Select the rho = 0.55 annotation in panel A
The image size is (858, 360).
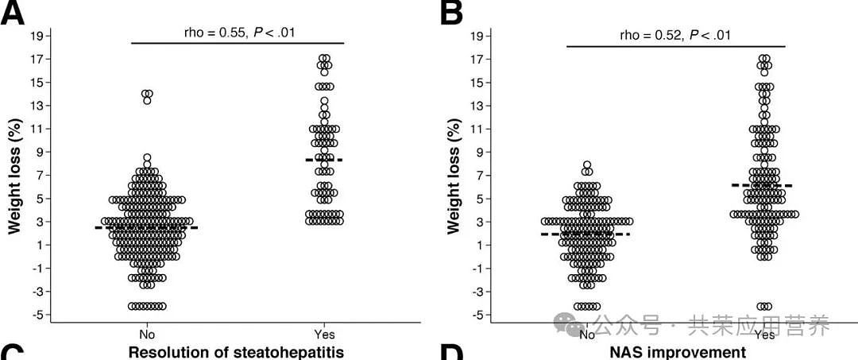pos(237,33)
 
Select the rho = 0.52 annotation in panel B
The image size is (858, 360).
pos(675,35)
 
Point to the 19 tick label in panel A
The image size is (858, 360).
pos(37,36)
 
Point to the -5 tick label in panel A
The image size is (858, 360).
pos(37,315)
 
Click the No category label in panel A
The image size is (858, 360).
pos(145,335)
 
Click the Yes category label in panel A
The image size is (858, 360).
pos(324,335)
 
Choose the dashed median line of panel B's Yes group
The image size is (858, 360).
pos(763,185)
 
